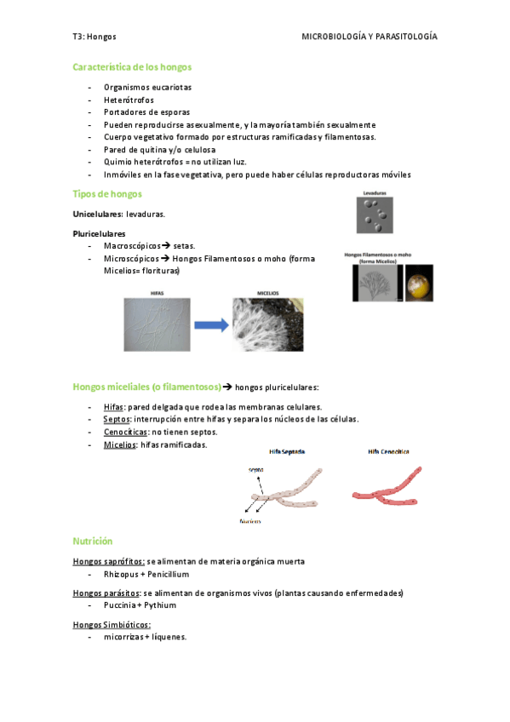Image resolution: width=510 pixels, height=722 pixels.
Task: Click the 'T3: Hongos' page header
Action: point(95,37)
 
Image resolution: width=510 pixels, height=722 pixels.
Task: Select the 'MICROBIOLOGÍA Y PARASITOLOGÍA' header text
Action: point(370,37)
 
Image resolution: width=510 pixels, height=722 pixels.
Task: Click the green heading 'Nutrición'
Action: point(93,541)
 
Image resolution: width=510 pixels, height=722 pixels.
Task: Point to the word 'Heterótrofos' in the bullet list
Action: point(129,100)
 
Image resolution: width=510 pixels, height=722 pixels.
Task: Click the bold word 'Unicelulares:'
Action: point(98,214)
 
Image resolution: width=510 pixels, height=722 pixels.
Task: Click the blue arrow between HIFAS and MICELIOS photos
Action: point(209,324)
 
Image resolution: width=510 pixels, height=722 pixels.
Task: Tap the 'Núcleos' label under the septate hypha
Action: point(249,520)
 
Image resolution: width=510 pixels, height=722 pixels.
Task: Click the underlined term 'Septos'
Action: point(116,420)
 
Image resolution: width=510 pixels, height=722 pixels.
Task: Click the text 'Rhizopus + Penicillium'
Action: point(146,575)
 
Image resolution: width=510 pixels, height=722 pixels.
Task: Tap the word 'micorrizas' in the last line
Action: point(124,638)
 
